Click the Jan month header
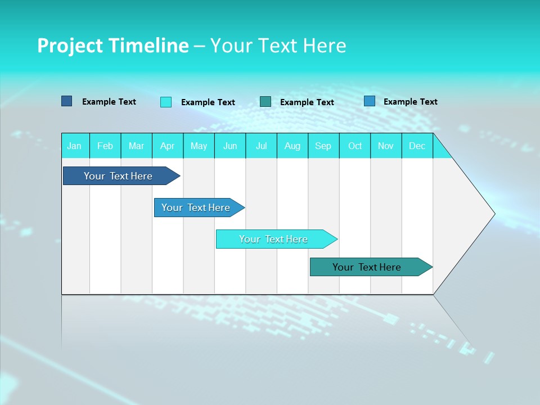74,146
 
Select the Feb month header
105,146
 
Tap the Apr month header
167,146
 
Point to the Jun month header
230,146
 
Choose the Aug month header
292,146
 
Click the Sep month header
323,146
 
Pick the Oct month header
355,146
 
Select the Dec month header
417,146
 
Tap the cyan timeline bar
274,239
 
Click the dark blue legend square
66,101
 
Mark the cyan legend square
166,102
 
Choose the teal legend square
265,101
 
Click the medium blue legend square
370,101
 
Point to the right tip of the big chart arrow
494,214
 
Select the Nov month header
386,146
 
